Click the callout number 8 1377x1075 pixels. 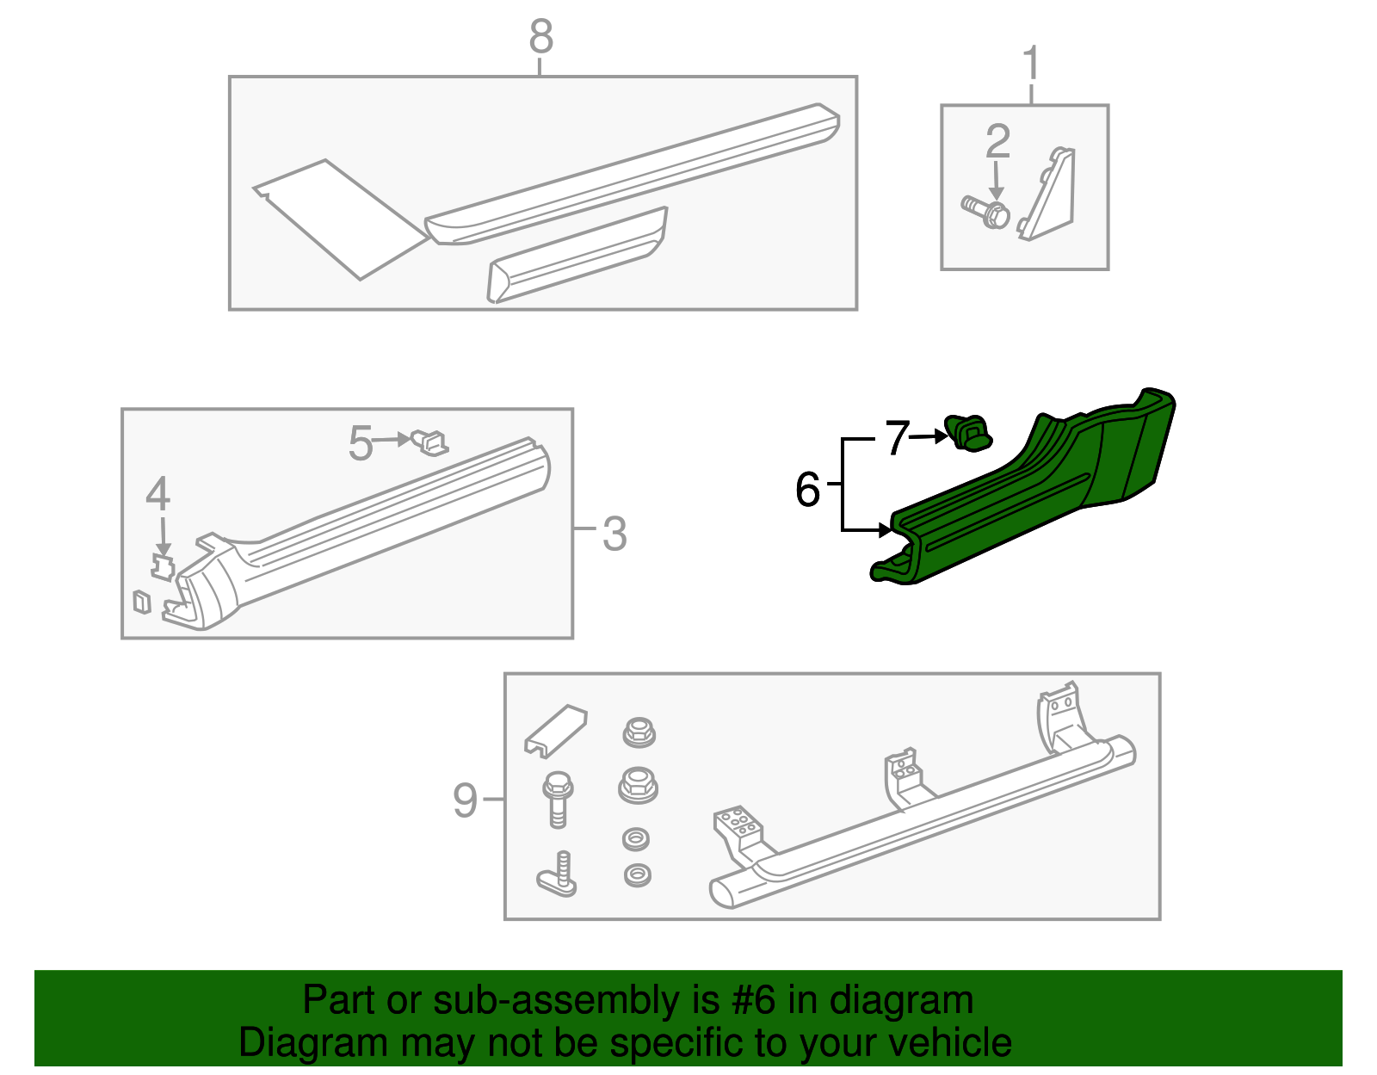click(x=540, y=37)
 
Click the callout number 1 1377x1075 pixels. click(x=1031, y=65)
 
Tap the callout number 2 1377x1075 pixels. click(x=997, y=141)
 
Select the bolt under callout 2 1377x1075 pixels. click(x=986, y=212)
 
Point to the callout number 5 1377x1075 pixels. click(x=360, y=443)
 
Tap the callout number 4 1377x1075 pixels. click(x=157, y=494)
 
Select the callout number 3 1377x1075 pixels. click(x=614, y=534)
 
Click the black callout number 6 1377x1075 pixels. click(x=807, y=490)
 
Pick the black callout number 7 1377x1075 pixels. click(x=897, y=438)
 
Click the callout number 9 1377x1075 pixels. click(x=465, y=800)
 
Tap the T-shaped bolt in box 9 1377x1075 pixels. click(x=558, y=876)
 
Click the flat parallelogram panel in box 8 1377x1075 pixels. click(x=340, y=219)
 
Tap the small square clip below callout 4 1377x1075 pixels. click(x=142, y=602)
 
